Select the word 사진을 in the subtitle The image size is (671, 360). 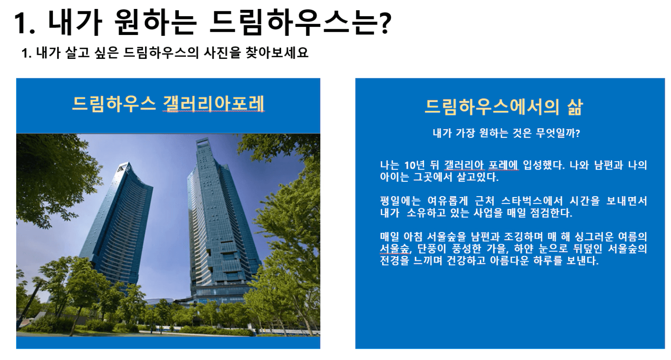click(x=222, y=53)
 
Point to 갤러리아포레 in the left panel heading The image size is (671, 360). click(x=213, y=104)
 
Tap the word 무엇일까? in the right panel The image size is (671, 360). click(x=558, y=133)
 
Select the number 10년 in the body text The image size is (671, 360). click(x=415, y=165)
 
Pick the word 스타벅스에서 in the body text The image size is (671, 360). click(x=532, y=201)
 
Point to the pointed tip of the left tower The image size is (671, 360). click(x=129, y=163)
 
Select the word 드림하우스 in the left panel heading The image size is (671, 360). click(x=114, y=104)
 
